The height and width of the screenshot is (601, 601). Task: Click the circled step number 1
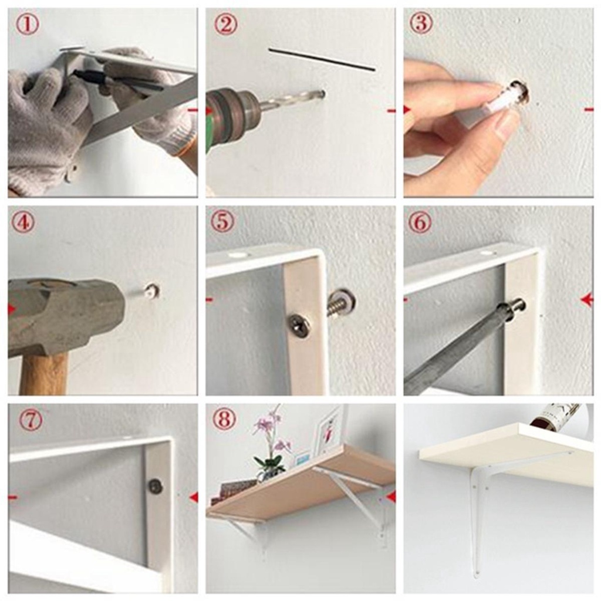27,25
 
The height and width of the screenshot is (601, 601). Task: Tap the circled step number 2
225,25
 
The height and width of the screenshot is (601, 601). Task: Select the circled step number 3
420,23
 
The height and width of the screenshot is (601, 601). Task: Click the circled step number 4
23,222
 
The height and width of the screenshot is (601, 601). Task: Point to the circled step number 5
222,221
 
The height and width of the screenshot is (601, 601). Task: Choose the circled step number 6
420,222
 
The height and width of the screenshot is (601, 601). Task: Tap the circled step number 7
30,420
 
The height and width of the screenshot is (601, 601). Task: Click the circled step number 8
224,419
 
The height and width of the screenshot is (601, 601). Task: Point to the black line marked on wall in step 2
322,60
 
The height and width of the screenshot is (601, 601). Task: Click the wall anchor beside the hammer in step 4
152,290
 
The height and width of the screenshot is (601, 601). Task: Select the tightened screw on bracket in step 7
156,486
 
